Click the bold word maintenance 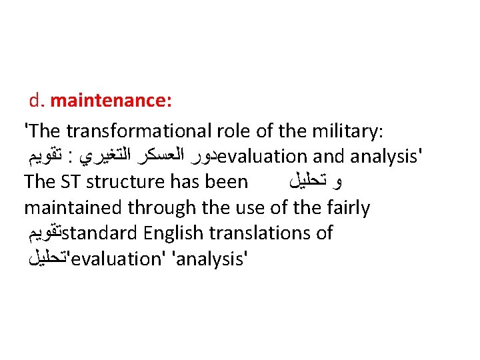[111, 101]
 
